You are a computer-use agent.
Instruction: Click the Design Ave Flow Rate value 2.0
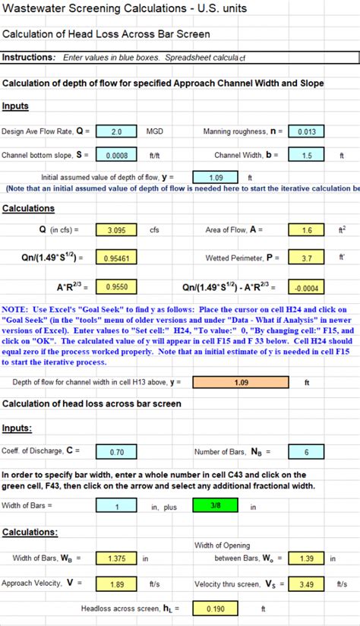tap(116, 131)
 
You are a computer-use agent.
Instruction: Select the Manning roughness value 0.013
tap(306, 131)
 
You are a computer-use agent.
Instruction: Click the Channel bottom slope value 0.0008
tap(116, 155)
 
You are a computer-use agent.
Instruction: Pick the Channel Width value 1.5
tap(306, 155)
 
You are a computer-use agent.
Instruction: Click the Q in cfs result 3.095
tap(116, 229)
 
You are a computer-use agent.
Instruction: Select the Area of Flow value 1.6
tap(306, 229)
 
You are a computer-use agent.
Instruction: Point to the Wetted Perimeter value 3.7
tap(306, 258)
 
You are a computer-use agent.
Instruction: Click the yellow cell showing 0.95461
tap(116, 258)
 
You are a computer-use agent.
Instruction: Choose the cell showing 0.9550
tap(116, 287)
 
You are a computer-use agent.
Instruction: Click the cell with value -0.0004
tap(306, 287)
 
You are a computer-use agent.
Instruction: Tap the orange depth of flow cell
tap(240, 382)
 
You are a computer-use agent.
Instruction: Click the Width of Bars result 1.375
tap(116, 558)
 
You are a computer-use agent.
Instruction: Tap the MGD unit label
tap(155, 131)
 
